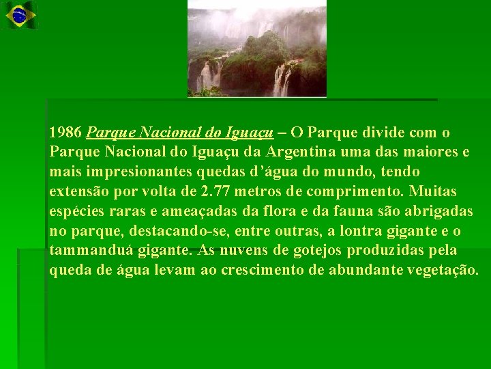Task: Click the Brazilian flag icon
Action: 19,15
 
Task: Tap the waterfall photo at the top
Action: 257,49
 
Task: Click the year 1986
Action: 65,131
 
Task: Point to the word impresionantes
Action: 127,171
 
